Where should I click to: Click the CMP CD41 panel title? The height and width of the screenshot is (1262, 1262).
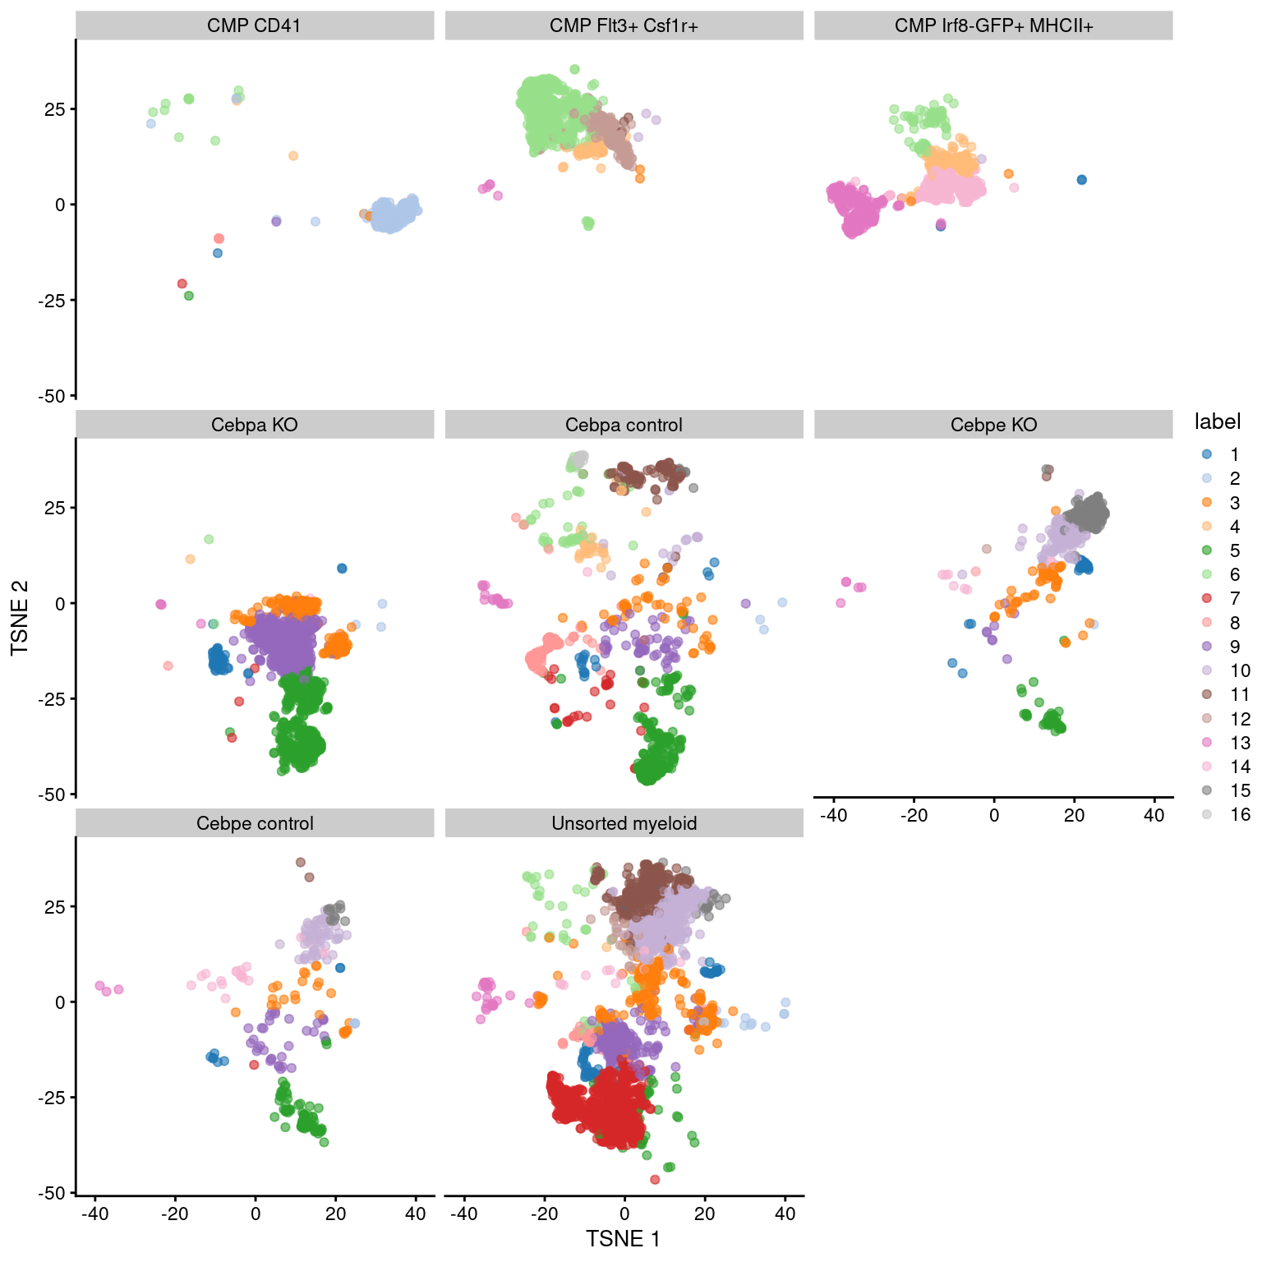254,25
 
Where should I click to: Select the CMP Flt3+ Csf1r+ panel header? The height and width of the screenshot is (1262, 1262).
624,25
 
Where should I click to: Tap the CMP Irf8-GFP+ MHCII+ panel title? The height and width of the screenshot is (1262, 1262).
993,25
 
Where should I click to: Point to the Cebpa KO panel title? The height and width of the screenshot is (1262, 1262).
254,425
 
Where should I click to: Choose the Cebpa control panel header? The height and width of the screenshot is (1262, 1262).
624,425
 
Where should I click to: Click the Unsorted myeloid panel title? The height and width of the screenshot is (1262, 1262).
624,823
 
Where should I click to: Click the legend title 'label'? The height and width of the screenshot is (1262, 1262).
1217,421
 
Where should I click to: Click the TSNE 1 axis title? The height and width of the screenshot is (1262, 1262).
623,1238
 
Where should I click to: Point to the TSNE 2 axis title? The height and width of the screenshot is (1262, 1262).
20,617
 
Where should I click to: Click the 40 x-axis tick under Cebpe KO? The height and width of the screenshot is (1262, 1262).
1154,815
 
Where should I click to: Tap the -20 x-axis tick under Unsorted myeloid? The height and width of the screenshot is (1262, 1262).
544,1214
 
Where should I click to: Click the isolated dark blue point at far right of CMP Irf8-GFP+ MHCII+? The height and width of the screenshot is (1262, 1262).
1081,180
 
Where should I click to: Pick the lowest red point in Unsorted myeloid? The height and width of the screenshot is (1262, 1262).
655,1180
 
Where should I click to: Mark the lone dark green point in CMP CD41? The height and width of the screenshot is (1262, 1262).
189,296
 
